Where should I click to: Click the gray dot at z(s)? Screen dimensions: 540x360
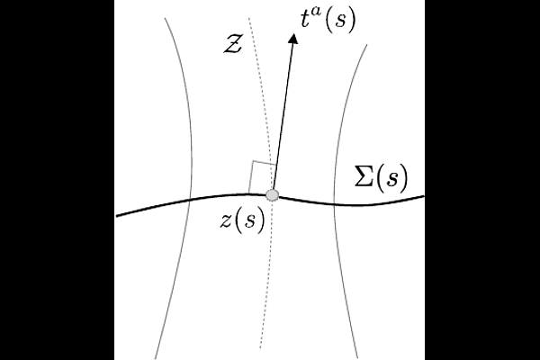click(273, 195)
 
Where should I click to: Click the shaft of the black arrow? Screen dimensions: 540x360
click(283, 116)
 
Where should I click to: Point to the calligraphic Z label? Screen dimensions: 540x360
click(232, 44)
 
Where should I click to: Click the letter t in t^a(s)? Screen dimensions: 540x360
click(305, 19)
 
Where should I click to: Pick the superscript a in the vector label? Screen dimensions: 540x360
click(315, 12)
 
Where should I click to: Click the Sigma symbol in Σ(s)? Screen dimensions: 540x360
click(364, 175)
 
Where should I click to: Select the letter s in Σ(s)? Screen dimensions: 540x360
click(391, 179)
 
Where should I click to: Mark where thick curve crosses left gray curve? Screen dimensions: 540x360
click(189, 200)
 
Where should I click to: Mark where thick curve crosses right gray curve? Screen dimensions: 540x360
click(334, 204)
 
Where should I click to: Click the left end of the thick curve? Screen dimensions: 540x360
click(117, 216)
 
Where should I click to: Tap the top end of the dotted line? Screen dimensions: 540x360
click(248, 18)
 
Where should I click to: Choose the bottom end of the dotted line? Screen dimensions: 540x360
click(260, 348)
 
